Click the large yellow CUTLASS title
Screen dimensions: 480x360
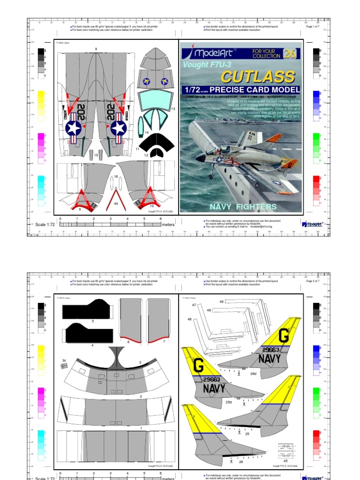click(258, 76)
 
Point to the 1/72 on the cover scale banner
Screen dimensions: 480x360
click(193, 90)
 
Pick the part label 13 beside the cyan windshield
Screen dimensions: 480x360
click(173, 109)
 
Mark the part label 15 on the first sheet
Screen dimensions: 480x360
click(96, 155)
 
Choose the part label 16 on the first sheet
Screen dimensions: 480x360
click(116, 176)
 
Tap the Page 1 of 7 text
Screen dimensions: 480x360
click(313, 27)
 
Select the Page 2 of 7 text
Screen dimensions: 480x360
click(313, 281)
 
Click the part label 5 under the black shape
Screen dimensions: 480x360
click(93, 321)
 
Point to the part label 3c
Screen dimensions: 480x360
click(64, 360)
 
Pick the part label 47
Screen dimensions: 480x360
click(194, 305)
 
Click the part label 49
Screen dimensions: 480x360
click(222, 301)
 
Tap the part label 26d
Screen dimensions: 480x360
click(253, 374)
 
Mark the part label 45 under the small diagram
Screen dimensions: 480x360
click(285, 460)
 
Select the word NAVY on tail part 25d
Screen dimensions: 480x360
click(214, 389)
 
